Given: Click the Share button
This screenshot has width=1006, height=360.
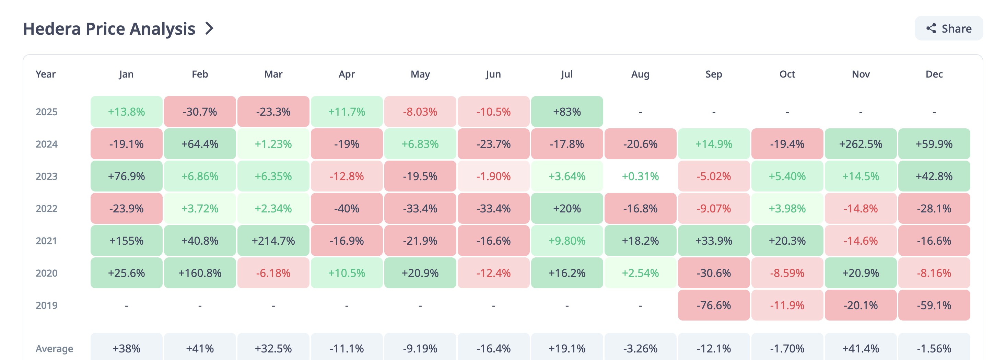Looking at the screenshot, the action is pyautogui.click(x=949, y=28).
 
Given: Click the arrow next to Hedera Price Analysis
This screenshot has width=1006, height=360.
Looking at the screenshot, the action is pyautogui.click(x=210, y=28).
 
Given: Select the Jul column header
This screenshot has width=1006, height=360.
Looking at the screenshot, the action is pyautogui.click(x=567, y=74).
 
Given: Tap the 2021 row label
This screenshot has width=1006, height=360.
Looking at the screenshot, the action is pyautogui.click(x=46, y=241).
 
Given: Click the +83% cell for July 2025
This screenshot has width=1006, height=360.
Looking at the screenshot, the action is pyautogui.click(x=567, y=112).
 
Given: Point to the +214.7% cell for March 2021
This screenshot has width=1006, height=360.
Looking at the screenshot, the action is pyautogui.click(x=273, y=241).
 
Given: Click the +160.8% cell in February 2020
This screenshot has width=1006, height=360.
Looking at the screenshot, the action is pyautogui.click(x=200, y=273).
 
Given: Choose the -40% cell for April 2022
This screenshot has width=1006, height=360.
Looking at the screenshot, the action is pyautogui.click(x=347, y=209).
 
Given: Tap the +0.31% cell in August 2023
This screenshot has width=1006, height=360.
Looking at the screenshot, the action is pyautogui.click(x=641, y=176).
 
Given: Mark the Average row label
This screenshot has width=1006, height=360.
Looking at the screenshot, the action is pyautogui.click(x=54, y=348).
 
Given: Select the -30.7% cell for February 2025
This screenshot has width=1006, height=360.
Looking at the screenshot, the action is pyautogui.click(x=200, y=112).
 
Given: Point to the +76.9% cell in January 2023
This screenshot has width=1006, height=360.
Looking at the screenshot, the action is pyautogui.click(x=127, y=176).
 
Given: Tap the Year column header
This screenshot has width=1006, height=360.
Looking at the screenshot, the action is pyautogui.click(x=46, y=74).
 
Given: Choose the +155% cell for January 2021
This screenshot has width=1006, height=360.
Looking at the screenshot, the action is pyautogui.click(x=127, y=241).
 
